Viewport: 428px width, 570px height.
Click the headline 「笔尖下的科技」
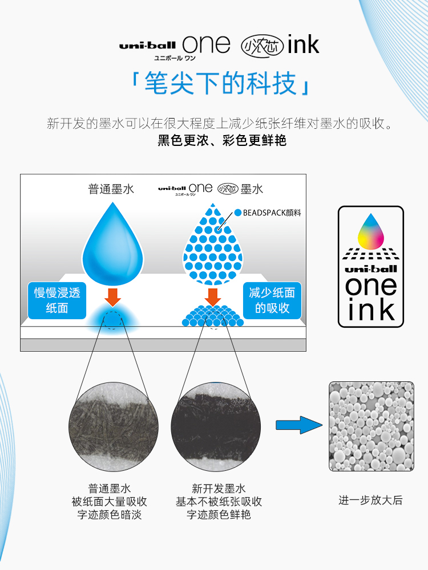[x=220, y=83]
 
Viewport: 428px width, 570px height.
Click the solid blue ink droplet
[x=112, y=242]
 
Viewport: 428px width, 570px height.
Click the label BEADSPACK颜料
[x=272, y=213]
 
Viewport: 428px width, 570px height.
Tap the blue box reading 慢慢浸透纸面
[x=57, y=300]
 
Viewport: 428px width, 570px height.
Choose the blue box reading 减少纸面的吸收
[x=272, y=300]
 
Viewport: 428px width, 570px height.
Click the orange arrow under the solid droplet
[x=113, y=296]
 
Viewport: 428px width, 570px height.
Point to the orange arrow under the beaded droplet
[x=213, y=296]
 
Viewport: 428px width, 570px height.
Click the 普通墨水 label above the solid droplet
[x=111, y=189]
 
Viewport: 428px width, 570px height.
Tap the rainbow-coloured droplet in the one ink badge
[x=370, y=231]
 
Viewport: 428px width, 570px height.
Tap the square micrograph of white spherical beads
[x=371, y=426]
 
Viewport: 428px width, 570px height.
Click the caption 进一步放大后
[x=370, y=500]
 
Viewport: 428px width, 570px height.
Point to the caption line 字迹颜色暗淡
[x=110, y=515]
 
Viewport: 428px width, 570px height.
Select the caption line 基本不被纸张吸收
[x=219, y=502]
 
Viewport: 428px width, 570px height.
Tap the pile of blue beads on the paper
[x=213, y=316]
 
